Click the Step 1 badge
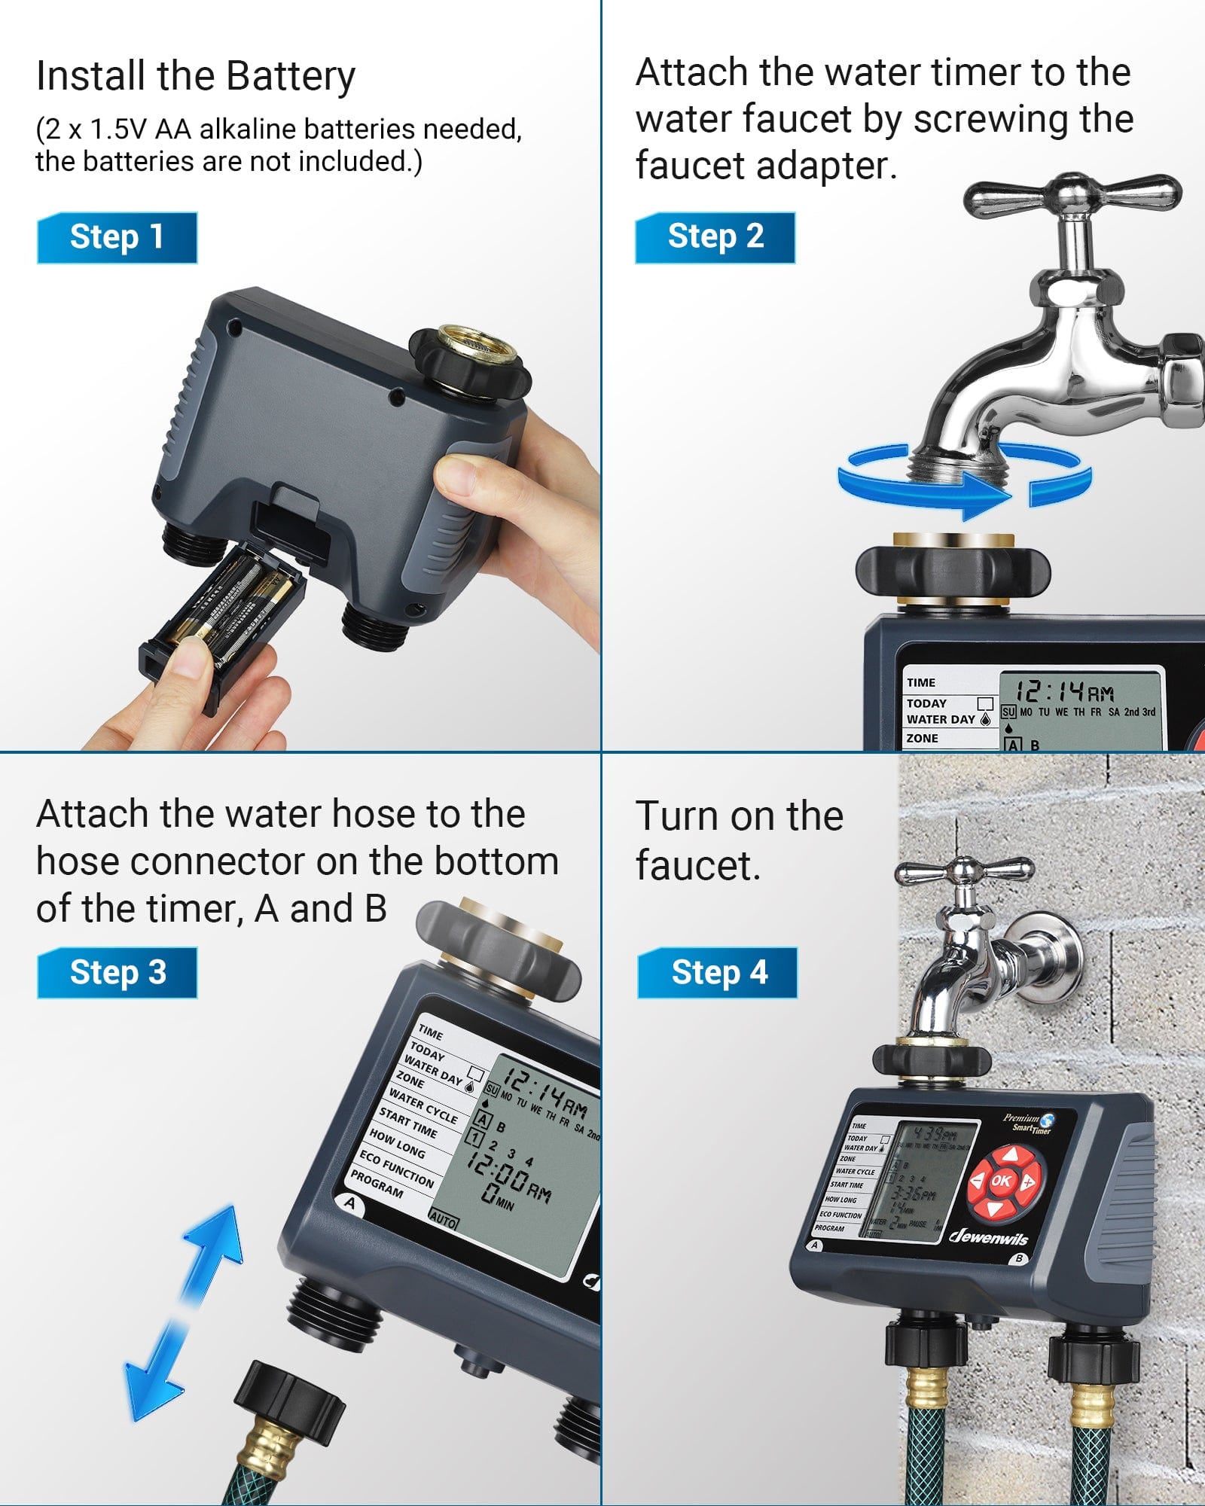tap(117, 237)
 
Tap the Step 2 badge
tap(715, 237)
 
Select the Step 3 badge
tap(117, 972)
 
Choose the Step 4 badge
tap(718, 972)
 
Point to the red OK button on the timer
tap(1001, 1181)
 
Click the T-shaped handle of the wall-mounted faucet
tap(963, 872)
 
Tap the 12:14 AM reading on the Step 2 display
tap(1063, 691)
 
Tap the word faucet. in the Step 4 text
tap(697, 866)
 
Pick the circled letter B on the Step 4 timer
tap(1019, 1258)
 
